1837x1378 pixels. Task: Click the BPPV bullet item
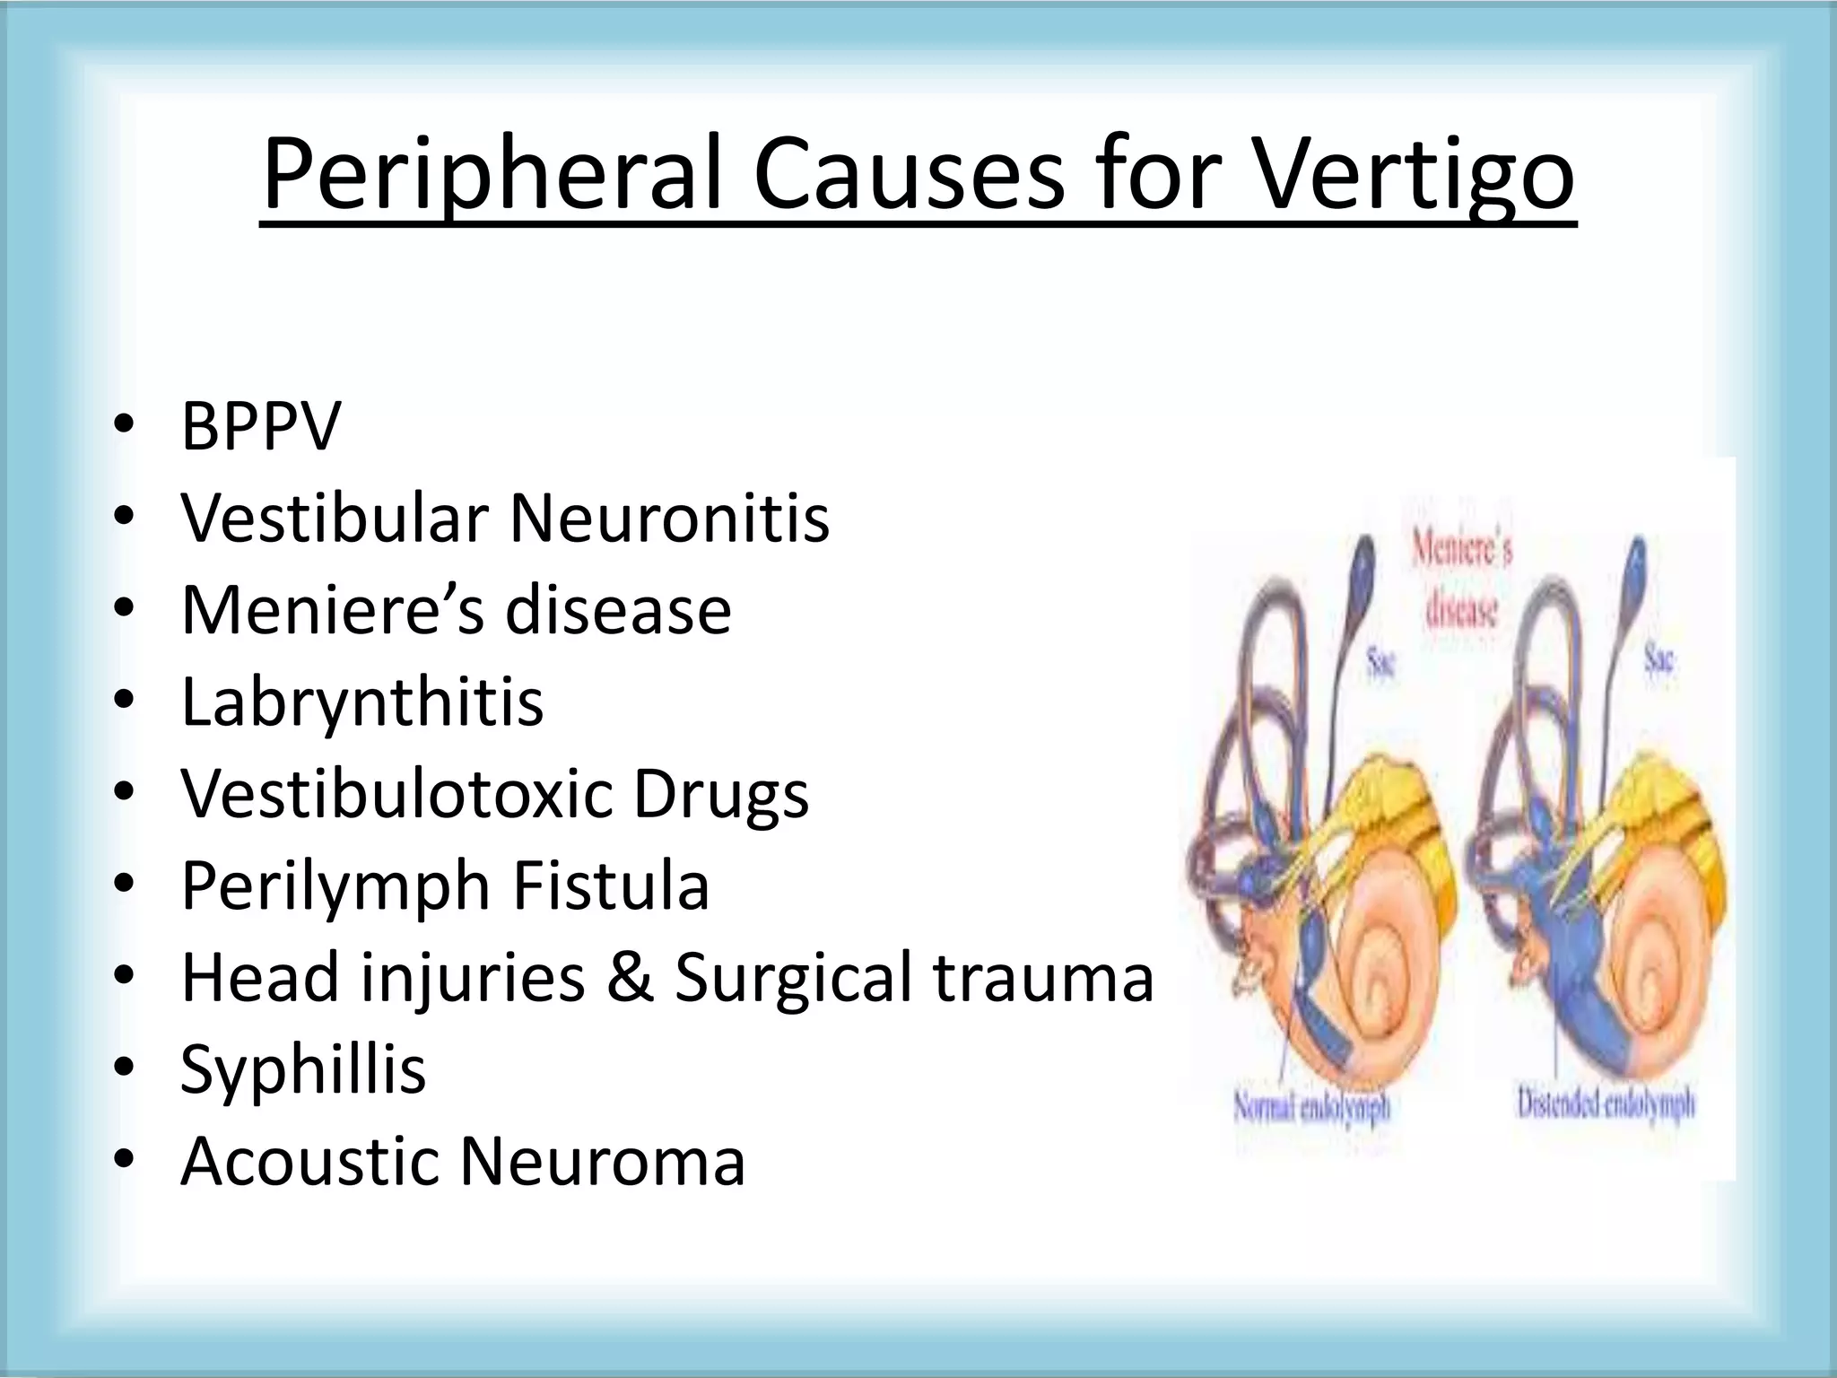tap(260, 426)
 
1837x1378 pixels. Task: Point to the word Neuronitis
tap(669, 518)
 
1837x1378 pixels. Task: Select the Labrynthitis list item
tap(361, 702)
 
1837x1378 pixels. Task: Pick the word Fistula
tap(611, 886)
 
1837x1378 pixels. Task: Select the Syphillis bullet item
tap(302, 1069)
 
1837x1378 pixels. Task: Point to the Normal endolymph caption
tap(1311, 1107)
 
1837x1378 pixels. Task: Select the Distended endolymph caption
tap(1606, 1103)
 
